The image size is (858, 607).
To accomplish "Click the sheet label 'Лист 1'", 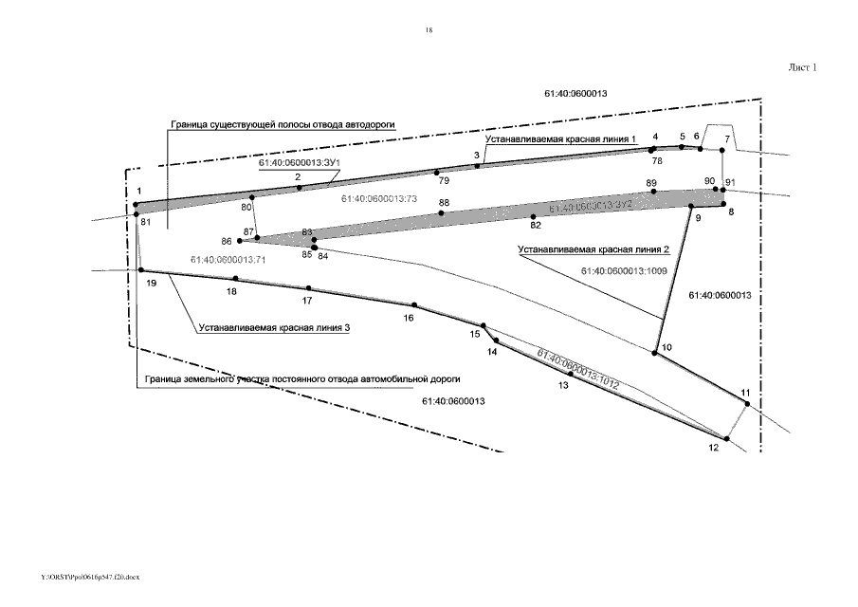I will (802, 67).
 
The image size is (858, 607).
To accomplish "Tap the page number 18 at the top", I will (429, 31).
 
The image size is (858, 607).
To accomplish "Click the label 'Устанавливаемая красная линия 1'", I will (559, 139).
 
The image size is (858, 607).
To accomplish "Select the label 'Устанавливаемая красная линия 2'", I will (593, 249).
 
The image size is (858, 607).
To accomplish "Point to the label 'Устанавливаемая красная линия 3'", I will (275, 327).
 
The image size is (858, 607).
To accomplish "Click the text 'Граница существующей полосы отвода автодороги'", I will (282, 124).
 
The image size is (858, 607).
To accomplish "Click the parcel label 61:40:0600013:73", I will (378, 200).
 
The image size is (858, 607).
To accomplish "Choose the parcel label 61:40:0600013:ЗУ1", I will (300, 163).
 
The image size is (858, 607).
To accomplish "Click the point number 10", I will (667, 348).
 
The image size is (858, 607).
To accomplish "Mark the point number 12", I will (714, 449).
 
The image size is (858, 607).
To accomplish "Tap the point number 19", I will (151, 284).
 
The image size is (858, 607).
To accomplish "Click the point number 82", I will (536, 225).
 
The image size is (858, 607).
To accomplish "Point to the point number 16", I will (409, 319).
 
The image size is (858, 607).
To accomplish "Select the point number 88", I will (444, 203).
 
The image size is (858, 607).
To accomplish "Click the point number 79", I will (444, 179).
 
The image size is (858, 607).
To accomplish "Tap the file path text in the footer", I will (91, 577).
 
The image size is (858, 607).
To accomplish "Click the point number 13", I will (563, 386).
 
